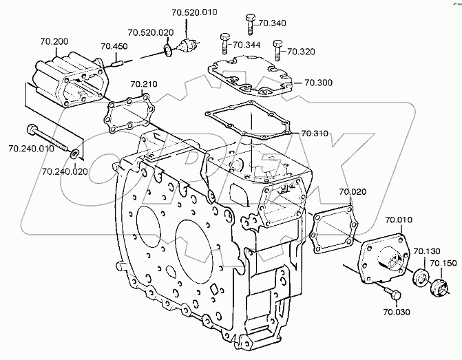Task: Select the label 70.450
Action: pyautogui.click(x=114, y=47)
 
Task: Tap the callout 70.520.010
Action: pyautogui.click(x=190, y=12)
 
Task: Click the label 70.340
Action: pyautogui.click(x=271, y=23)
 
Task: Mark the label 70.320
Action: pyautogui.click(x=300, y=51)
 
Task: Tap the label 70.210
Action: pyautogui.click(x=145, y=85)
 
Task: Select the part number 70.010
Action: pyautogui.click(x=399, y=220)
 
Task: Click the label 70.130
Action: pyautogui.click(x=426, y=251)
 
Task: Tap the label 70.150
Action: pyautogui.click(x=443, y=263)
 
